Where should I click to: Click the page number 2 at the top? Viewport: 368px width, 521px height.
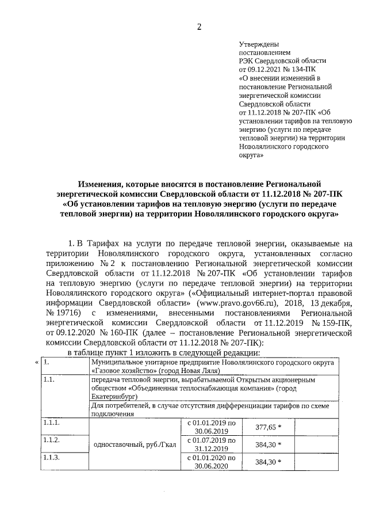(199, 26)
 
